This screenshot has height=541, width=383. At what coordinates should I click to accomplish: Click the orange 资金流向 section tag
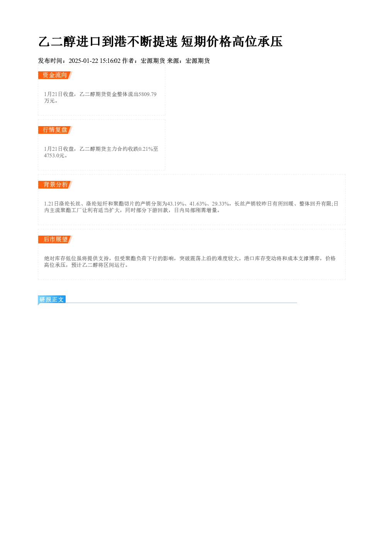[55, 75]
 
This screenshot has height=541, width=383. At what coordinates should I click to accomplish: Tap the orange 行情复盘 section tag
[55, 130]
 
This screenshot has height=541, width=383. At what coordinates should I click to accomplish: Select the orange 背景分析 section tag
[55, 185]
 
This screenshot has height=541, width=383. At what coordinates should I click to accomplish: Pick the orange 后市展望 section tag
[55, 239]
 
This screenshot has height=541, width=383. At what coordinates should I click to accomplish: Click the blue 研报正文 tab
[52, 300]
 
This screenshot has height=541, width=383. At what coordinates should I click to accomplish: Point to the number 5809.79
[147, 94]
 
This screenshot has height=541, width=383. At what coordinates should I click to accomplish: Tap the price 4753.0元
[54, 155]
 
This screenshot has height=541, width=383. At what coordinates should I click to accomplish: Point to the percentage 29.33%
[220, 204]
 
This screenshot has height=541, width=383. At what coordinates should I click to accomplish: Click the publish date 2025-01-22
[83, 61]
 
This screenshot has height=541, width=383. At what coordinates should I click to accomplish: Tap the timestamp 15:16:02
[110, 61]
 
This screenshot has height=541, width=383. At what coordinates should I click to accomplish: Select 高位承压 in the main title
[257, 42]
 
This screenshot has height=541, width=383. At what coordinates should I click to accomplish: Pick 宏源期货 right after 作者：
[153, 61]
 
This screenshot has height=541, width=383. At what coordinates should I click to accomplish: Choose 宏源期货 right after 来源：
[198, 61]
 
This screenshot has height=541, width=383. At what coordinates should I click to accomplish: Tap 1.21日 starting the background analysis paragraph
[51, 204]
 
